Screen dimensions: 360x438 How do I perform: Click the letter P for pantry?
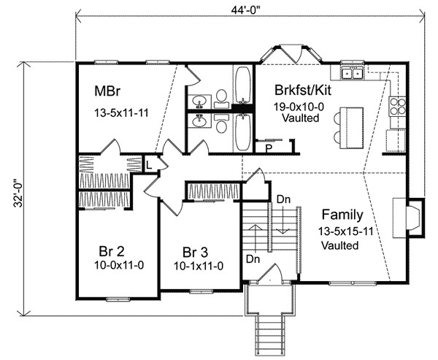[269, 148]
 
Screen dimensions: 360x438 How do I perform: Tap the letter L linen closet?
[150, 164]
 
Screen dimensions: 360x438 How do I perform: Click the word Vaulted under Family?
[339, 245]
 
